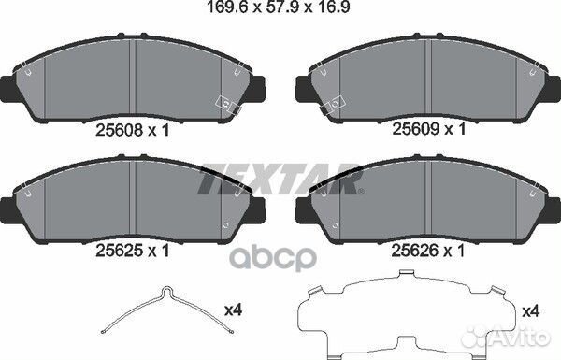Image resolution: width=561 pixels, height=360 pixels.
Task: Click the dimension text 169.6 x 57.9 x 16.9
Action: [280, 10]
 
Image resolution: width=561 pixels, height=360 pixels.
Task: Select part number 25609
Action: [414, 130]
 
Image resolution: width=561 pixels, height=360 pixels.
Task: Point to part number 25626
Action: [414, 250]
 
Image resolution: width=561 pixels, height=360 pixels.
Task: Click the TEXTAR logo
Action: [280, 179]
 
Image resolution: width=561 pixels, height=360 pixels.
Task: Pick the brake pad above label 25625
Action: [137, 197]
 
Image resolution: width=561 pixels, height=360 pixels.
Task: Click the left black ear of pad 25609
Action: [303, 89]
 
